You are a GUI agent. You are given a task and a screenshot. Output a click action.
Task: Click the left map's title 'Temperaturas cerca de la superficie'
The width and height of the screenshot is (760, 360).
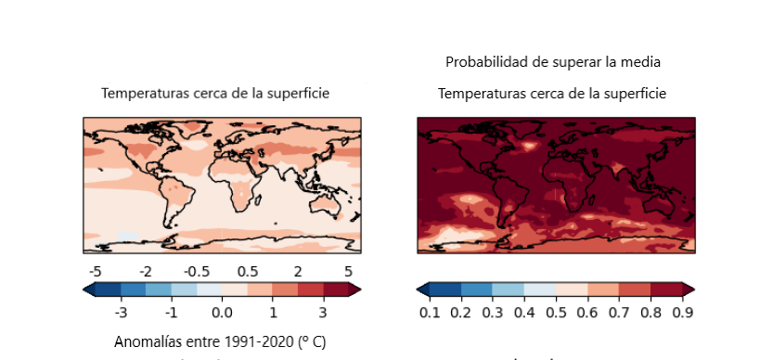point(215,93)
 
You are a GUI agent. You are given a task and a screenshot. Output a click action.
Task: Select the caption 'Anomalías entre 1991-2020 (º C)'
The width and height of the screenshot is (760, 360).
point(220,341)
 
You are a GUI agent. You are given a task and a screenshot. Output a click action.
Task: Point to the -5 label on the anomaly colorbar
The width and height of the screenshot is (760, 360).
point(94,271)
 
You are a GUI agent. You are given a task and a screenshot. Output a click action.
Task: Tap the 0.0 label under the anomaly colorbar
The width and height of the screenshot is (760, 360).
point(221,313)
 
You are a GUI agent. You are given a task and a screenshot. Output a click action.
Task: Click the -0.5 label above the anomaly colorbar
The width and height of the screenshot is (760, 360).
point(196,271)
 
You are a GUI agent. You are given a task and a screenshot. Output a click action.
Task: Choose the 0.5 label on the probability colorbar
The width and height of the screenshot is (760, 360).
point(555,313)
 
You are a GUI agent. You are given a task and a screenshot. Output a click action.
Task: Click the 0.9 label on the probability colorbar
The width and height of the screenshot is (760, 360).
point(682,313)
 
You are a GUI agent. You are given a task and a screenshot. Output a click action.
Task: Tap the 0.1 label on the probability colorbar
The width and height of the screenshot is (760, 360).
point(429,313)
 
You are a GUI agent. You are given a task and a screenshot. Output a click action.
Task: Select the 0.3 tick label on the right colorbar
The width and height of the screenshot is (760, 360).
point(492,313)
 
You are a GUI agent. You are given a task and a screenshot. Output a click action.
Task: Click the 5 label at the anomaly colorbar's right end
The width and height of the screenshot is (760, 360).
point(348,271)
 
